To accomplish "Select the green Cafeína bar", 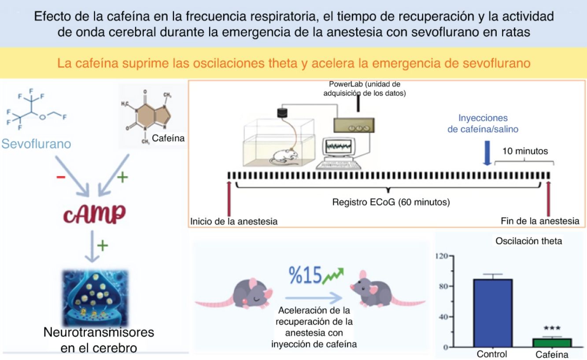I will click(552, 342).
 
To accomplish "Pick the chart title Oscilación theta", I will click(528, 241).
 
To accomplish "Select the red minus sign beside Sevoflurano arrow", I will click(61, 177).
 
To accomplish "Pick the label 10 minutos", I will click(525, 151).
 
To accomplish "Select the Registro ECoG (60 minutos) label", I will click(391, 203).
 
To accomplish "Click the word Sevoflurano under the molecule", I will click(36, 144).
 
